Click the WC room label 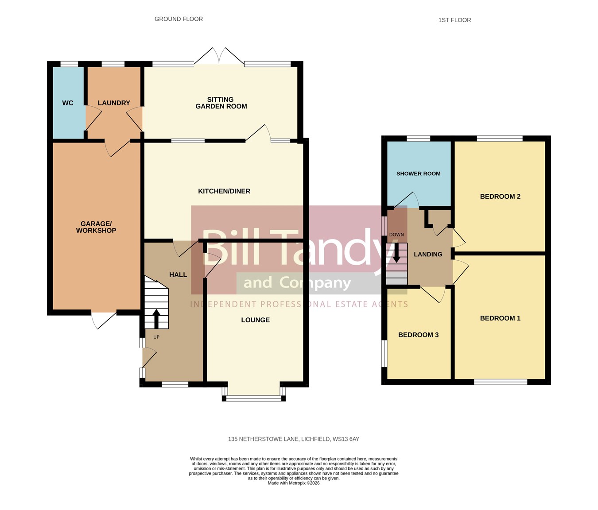point(68,103)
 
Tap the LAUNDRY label point(114,103)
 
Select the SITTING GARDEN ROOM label point(221,103)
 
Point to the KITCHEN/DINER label point(224,191)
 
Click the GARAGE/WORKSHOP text point(96,227)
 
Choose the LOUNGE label point(256,320)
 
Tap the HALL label point(178,274)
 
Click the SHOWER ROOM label point(418,174)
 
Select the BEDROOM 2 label point(500,197)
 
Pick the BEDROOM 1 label point(500,318)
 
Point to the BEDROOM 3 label point(418,335)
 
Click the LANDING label point(428,255)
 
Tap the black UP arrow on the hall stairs point(156,319)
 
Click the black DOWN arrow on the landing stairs point(396,253)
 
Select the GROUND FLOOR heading point(179,19)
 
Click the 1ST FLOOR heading point(454,20)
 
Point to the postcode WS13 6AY point(346,439)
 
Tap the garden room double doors point(219,56)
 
